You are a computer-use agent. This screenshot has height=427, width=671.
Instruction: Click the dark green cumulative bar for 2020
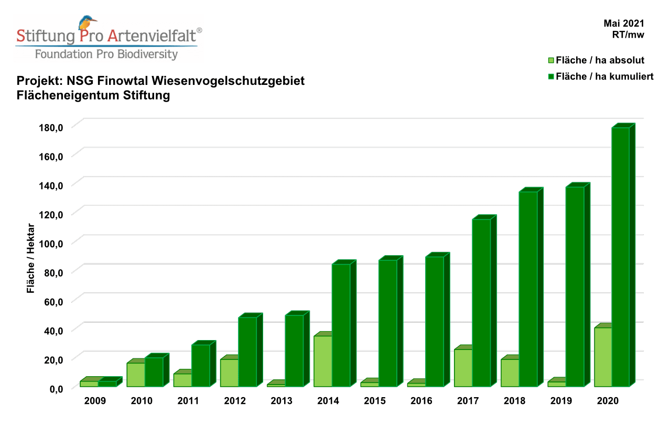[x=621, y=257]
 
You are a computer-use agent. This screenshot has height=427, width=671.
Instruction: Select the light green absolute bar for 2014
[x=323, y=361]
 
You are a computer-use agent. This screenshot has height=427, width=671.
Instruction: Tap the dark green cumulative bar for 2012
[x=247, y=352]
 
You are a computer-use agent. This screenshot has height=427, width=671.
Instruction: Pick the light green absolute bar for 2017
[x=463, y=368]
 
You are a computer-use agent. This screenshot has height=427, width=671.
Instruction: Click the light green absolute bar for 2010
[x=136, y=375]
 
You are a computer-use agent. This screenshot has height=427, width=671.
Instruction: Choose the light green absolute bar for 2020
[x=603, y=357]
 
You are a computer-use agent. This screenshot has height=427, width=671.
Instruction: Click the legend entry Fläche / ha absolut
[x=599, y=60]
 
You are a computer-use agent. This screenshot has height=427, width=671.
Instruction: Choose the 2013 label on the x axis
[x=282, y=401]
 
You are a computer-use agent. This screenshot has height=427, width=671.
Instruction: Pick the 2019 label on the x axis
[x=561, y=401]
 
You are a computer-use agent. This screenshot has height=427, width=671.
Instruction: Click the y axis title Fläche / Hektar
[x=31, y=258]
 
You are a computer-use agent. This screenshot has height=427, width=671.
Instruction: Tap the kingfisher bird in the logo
[x=86, y=24]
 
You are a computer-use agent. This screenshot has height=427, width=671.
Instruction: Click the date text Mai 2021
[x=623, y=24]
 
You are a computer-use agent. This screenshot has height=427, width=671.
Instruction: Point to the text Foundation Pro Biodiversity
[x=106, y=54]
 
